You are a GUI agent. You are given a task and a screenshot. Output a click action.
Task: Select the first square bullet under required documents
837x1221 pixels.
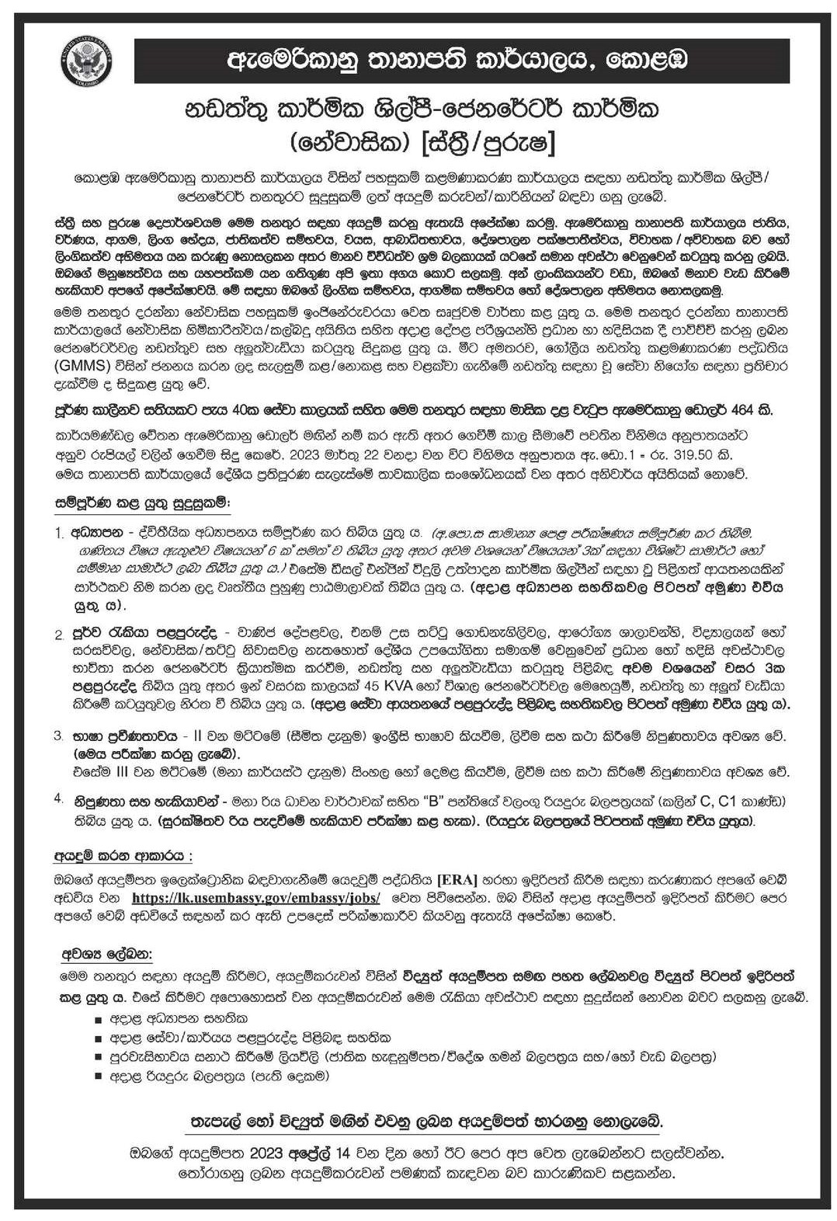click(x=98, y=1017)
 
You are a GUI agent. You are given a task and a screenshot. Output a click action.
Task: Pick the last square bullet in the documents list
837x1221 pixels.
click(x=98, y=1077)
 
